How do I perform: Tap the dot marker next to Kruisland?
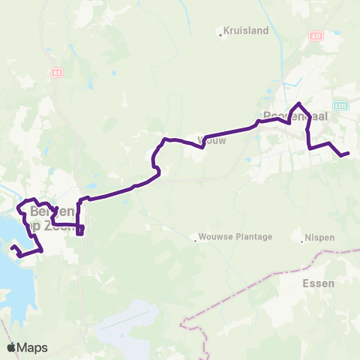[220, 33]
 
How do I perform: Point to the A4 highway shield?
[57, 73]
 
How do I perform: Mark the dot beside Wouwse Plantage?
[195, 241]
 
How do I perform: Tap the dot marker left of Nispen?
[304, 239]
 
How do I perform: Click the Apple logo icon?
[11, 347]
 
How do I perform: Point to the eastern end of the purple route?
[348, 154]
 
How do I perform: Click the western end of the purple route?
[12, 247]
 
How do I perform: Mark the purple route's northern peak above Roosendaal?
[299, 103]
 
